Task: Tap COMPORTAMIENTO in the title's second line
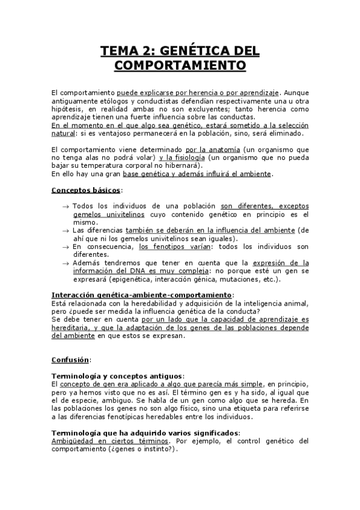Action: click(180, 64)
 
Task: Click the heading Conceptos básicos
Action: click(85, 190)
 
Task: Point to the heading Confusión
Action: click(70, 360)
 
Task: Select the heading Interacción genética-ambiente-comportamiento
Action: click(141, 295)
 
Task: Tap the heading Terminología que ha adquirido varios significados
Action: click(145, 432)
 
